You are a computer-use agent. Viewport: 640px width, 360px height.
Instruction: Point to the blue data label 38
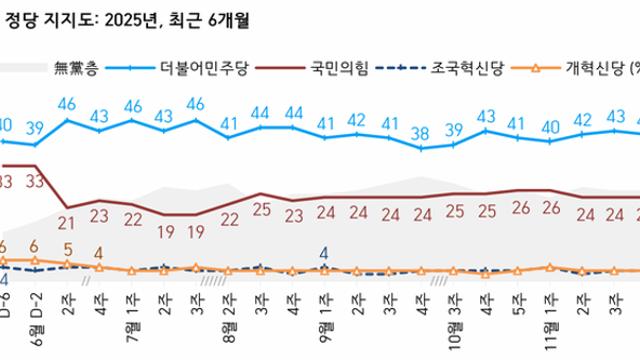[422, 133]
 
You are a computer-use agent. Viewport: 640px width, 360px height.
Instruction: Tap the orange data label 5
[68, 249]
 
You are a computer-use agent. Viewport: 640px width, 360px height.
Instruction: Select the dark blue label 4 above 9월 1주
[324, 254]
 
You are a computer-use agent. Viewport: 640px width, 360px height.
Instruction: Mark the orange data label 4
[99, 253]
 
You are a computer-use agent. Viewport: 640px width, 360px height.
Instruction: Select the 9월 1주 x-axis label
[325, 304]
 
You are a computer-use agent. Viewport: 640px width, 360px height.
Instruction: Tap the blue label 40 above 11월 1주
[550, 127]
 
